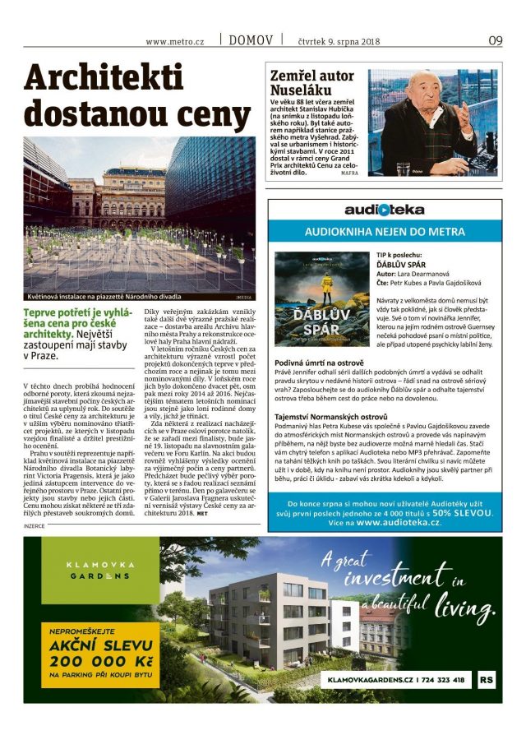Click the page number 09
[x=495, y=39]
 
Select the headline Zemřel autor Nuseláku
[x=313, y=83]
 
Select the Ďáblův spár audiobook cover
[x=311, y=298]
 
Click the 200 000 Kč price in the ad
[x=91, y=661]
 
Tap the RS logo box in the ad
[x=487, y=680]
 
